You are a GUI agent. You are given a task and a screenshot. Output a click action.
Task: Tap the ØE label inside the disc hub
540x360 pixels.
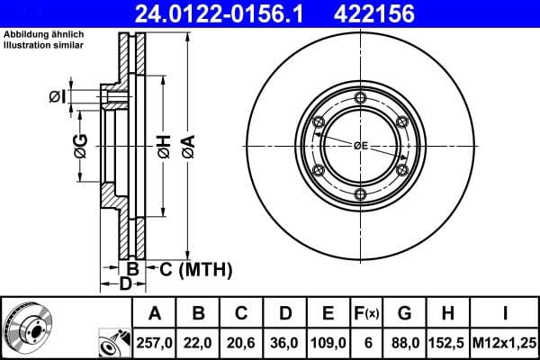pyautogui.click(x=361, y=145)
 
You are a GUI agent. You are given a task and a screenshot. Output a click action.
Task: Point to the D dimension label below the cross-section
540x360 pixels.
pyautogui.click(x=126, y=285)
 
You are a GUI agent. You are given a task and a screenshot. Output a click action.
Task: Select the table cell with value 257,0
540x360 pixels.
pyautogui.click(x=155, y=342)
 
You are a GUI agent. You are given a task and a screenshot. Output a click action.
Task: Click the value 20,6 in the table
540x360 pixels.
pyautogui.click(x=241, y=342)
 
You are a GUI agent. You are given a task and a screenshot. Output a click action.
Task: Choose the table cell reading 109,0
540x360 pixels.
pyautogui.click(x=328, y=342)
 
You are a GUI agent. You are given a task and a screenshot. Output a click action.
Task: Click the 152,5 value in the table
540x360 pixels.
pyautogui.click(x=447, y=342)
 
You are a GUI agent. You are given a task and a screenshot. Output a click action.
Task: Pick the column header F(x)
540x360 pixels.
pyautogui.click(x=367, y=313)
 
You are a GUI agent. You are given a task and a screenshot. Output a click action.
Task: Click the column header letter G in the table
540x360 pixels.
pyautogui.click(x=404, y=313)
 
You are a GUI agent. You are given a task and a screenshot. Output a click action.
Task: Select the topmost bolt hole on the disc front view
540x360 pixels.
pyautogui.click(x=360, y=97)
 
